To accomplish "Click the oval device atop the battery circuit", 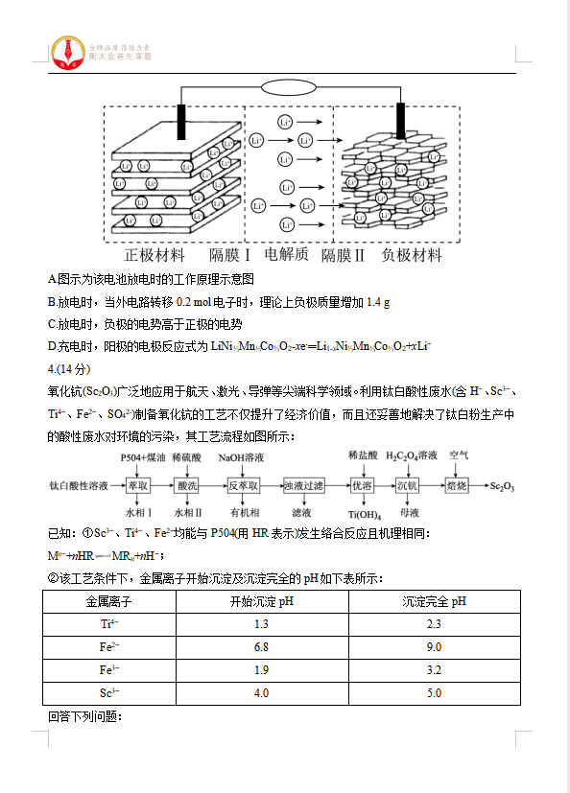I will pos(290,88).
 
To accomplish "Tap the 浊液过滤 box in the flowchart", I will pos(304,486).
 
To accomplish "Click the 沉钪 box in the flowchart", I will pos(408,486).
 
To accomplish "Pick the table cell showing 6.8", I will pos(261,647).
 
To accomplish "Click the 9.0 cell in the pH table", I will pos(434,647).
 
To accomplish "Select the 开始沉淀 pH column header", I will pos(261,601).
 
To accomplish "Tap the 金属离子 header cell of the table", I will pos(108,601).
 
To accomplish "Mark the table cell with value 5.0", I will pos(434,693).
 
